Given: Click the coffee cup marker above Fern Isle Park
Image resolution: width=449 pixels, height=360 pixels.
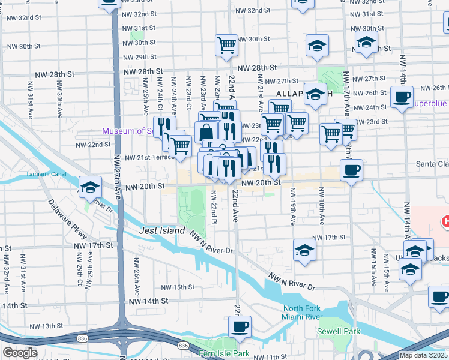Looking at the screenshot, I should click(x=240, y=327).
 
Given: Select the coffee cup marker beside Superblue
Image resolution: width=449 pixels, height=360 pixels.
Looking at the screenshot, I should click(x=402, y=97).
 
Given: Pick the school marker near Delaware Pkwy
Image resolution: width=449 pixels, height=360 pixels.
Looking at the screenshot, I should click(x=90, y=187).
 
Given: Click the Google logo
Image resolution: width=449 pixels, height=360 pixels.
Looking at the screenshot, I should click(x=20, y=353).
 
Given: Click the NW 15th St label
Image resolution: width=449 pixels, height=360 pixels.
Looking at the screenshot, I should click(x=178, y=287).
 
